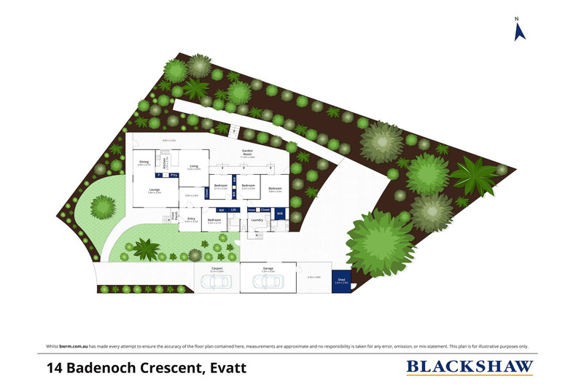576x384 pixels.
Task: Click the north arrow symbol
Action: pyautogui.click(x=520, y=30)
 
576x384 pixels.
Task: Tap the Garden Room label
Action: pyautogui.click(x=252, y=152)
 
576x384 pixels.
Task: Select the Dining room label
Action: pyautogui.click(x=144, y=162)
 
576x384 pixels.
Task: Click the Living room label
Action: pyautogui.click(x=194, y=166)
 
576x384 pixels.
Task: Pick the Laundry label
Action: pyautogui.click(x=257, y=219)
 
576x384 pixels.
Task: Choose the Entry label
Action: pyautogui.click(x=191, y=219)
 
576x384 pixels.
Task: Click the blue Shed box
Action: pyautogui.click(x=340, y=281)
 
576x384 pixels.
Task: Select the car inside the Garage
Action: pyautogui.click(x=268, y=282)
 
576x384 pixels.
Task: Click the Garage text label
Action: pyautogui.click(x=268, y=268)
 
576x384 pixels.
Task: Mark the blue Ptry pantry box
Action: pyautogui.click(x=174, y=176)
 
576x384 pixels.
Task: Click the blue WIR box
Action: pyautogui.click(x=279, y=213)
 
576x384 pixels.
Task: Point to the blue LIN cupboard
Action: pyautogui.click(x=233, y=210)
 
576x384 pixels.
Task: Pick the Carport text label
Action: pyautogui.click(x=217, y=268)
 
